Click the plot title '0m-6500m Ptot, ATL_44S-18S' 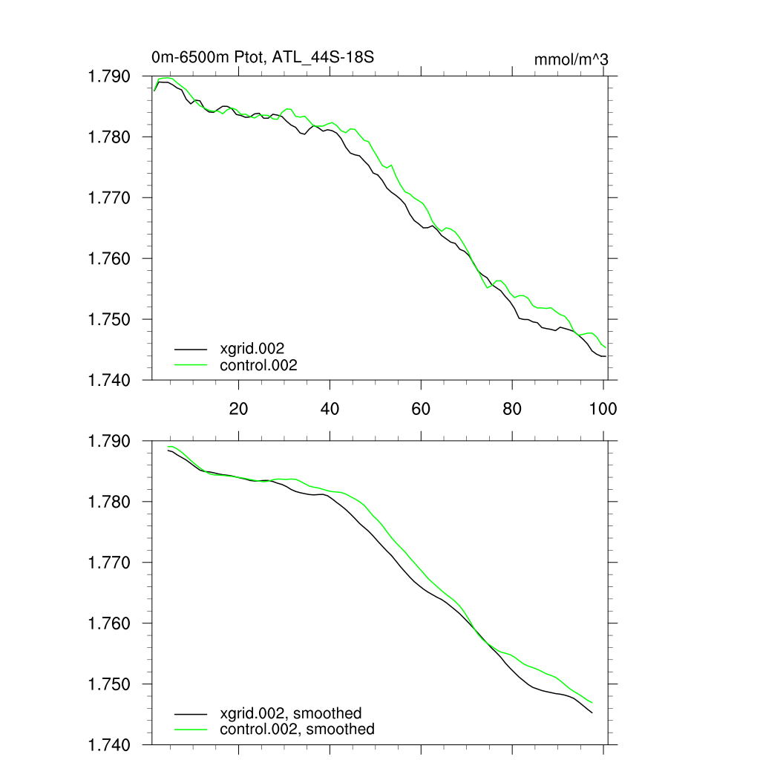click(x=267, y=56)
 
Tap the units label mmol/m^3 click(x=571, y=59)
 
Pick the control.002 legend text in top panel click(x=258, y=364)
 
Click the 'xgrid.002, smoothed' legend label click(x=291, y=713)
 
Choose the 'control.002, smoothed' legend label click(x=297, y=729)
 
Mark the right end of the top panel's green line click(x=606, y=347)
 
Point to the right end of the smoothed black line click(x=592, y=713)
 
